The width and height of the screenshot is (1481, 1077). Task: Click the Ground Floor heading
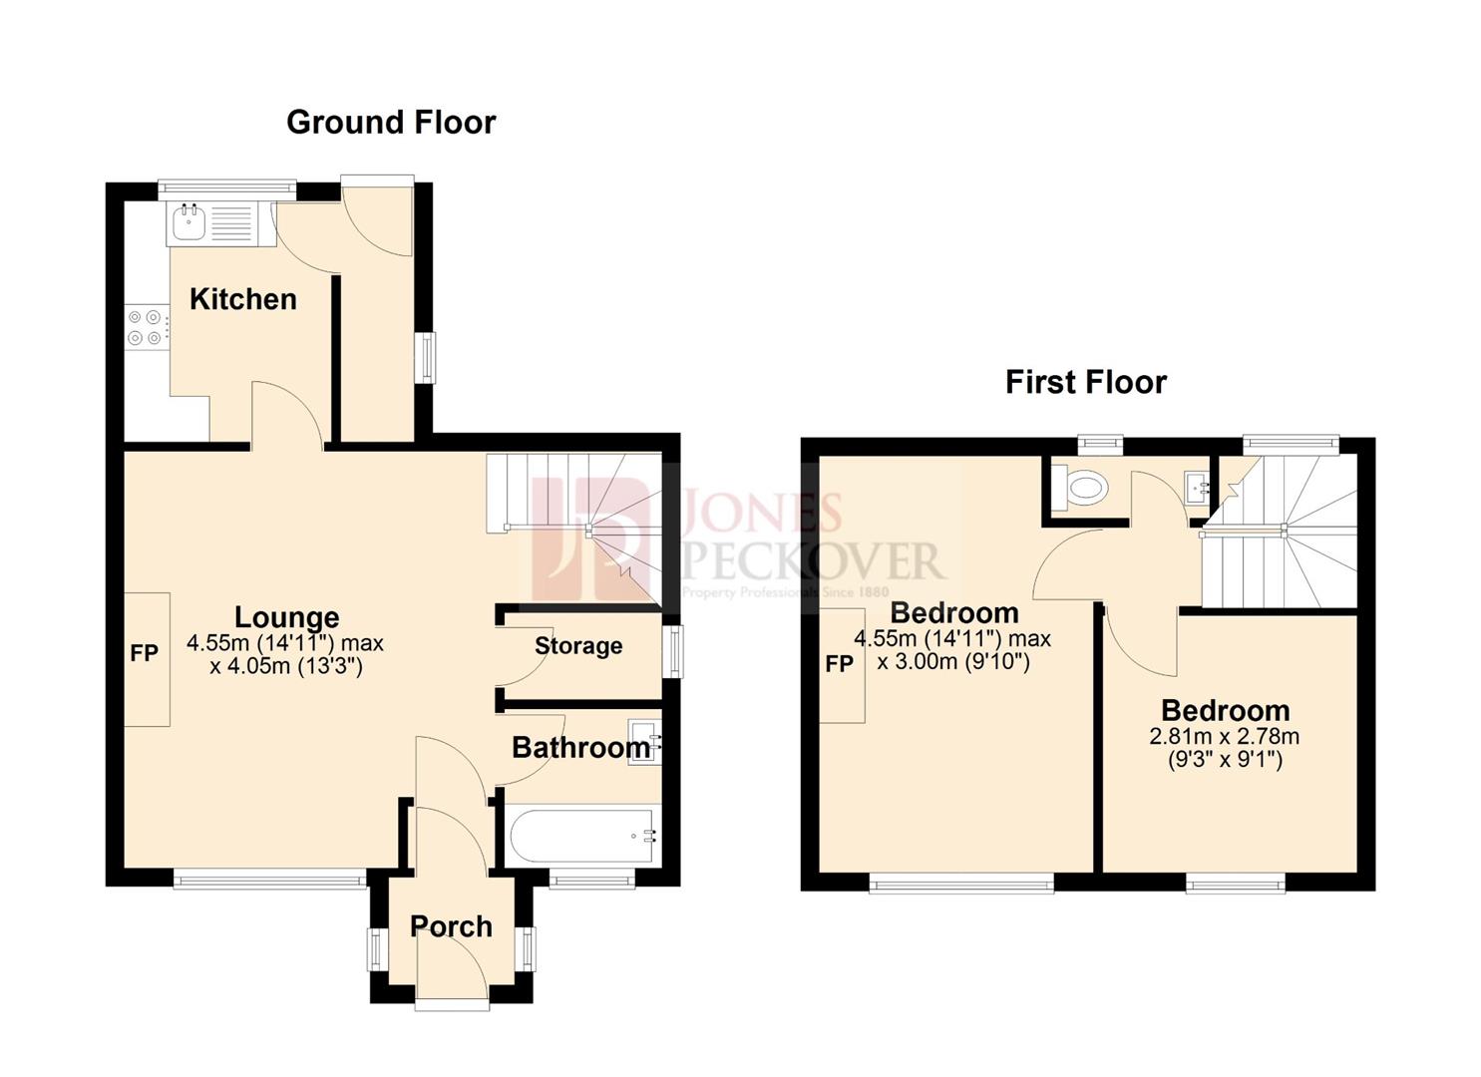pos(390,123)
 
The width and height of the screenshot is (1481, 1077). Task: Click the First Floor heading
pos(1085,382)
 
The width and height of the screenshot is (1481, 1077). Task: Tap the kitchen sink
pos(189,222)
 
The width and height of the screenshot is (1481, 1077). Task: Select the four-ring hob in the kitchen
pos(145,327)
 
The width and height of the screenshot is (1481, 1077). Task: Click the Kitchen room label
pos(242,299)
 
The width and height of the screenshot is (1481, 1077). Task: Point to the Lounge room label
pos(286,617)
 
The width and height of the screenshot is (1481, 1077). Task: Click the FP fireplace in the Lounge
pos(146,655)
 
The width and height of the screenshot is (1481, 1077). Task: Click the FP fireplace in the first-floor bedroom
pos(840,664)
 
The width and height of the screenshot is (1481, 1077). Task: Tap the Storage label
pos(578,646)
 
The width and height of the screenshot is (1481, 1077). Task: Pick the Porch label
pos(451,926)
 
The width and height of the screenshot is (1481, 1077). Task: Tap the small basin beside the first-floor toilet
pos(1198,488)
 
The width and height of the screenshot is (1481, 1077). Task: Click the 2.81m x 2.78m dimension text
pos(1225,737)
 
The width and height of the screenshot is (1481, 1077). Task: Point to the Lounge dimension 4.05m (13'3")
pos(285,666)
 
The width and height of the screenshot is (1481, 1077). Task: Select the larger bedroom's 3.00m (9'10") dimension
pos(952,661)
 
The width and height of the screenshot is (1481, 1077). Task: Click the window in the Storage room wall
pos(676,652)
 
